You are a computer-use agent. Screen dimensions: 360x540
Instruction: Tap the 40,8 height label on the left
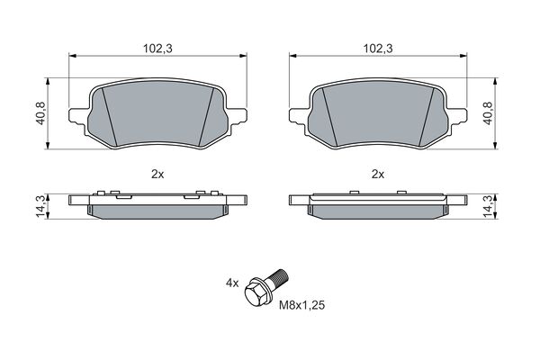point(40,113)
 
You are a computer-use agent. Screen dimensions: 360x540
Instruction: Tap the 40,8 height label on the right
point(489,113)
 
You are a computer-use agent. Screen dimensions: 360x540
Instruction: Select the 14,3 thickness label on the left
point(40,205)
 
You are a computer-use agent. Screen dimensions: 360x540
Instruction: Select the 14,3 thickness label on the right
point(489,205)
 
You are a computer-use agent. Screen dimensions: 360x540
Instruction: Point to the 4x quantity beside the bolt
point(232,283)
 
